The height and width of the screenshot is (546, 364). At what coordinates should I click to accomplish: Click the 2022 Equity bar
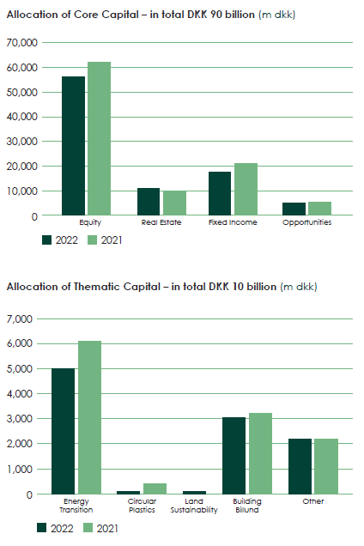73,146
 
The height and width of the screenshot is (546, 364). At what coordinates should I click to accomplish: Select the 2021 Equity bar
99,138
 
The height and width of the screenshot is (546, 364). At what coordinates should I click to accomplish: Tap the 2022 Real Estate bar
149,202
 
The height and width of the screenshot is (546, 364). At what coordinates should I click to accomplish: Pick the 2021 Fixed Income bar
246,189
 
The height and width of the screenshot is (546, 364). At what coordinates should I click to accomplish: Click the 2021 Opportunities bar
319,209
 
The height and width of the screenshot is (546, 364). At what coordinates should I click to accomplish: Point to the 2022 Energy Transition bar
63,431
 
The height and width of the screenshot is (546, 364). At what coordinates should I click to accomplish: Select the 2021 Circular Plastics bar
155,488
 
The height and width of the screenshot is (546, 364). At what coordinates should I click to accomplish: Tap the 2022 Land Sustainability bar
194,493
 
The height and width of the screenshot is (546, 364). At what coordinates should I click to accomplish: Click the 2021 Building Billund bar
260,453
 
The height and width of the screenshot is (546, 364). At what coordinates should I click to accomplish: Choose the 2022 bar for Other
300,466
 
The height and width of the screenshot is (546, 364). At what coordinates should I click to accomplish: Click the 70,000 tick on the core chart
22,43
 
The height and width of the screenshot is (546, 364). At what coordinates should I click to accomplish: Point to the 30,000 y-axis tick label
22,142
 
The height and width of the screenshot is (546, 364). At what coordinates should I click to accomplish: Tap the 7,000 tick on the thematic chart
20,319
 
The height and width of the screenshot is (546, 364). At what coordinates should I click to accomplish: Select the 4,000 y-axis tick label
20,394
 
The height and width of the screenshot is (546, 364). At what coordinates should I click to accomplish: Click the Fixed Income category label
233,222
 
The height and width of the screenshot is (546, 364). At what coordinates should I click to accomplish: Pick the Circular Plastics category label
142,506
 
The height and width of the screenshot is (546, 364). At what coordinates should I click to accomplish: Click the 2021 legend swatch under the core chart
93,240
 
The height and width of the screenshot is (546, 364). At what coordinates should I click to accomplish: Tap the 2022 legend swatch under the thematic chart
42,528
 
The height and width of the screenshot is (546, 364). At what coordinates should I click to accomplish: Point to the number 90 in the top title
216,15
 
